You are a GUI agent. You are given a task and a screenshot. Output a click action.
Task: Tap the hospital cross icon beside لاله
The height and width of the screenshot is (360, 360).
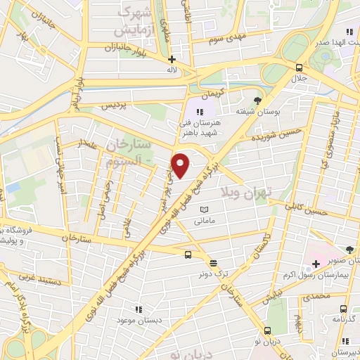(172, 59)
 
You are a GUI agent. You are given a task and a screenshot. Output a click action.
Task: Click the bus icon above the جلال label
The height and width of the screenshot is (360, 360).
(300, 67)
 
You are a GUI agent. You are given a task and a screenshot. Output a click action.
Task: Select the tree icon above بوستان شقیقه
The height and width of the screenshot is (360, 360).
(257, 101)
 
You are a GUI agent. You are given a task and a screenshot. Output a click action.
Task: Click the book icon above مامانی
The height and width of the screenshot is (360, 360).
(205, 210)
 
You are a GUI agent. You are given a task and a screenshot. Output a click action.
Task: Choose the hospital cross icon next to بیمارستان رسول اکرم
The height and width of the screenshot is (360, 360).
(316, 264)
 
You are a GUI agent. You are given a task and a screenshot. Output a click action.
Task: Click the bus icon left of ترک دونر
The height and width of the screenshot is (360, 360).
(188, 255)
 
